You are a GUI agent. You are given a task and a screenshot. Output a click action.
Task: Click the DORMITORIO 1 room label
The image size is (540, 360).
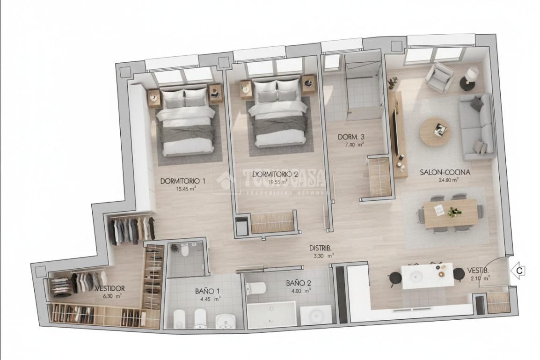tap(183, 181)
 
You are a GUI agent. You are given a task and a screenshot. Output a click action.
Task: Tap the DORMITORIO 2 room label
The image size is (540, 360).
tap(275, 175)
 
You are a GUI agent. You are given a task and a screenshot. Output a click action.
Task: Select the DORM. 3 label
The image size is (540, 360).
tap(351, 137)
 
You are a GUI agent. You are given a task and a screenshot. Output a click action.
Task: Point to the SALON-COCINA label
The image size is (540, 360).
tap(445, 172)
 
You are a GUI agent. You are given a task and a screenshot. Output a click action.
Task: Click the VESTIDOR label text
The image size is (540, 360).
tap(109, 288)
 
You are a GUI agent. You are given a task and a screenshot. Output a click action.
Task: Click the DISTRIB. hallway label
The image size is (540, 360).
tap(321, 248)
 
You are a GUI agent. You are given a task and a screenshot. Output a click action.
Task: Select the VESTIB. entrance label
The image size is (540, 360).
tap(478, 271)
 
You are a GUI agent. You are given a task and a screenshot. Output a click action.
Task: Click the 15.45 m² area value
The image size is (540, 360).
tap(186, 189)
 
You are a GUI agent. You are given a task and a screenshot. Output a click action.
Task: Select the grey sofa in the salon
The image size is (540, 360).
tap(475, 126)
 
